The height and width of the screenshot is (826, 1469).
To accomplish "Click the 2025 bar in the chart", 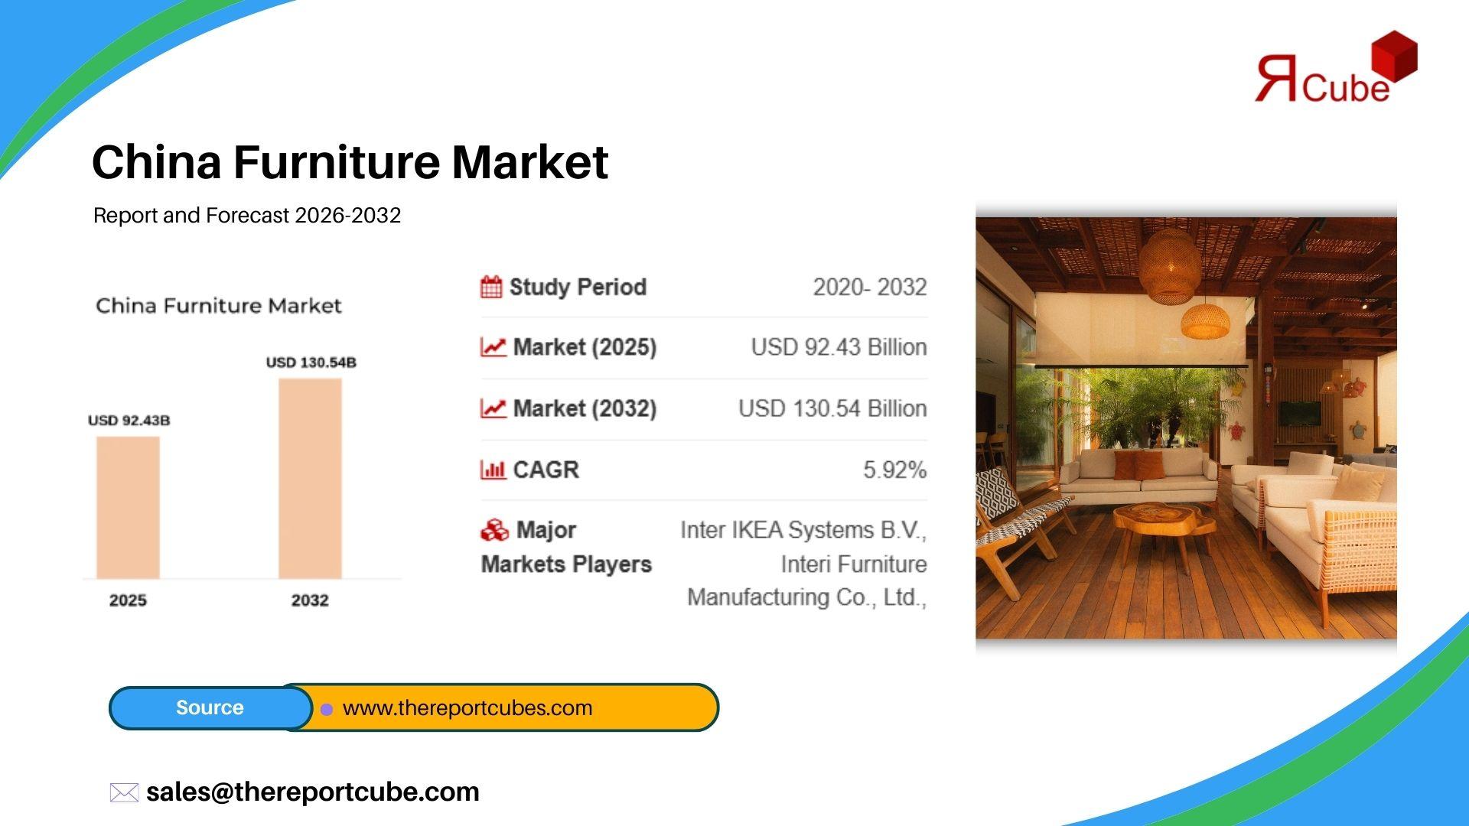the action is (x=128, y=507).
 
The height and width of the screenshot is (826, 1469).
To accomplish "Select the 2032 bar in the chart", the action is (x=310, y=478).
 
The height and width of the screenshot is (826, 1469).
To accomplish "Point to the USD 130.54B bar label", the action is (x=311, y=363).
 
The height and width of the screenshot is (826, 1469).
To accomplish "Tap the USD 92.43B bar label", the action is (x=129, y=421).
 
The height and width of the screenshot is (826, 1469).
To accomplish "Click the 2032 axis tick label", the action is (x=310, y=600).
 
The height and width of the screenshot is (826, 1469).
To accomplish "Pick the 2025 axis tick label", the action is (x=128, y=600).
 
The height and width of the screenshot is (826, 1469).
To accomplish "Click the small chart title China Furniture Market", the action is (x=219, y=306).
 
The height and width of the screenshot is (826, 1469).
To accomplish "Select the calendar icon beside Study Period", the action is (x=491, y=287).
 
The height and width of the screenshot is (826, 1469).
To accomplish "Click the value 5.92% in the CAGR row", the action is (x=895, y=470).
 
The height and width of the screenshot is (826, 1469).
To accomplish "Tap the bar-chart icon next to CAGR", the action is (x=493, y=470).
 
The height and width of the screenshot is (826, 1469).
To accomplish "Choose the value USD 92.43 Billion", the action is (x=839, y=347).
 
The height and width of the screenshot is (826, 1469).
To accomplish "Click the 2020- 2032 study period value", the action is (x=870, y=287).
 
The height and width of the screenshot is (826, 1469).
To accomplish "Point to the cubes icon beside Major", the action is (x=494, y=530).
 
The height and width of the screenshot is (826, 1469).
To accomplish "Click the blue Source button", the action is (x=210, y=707).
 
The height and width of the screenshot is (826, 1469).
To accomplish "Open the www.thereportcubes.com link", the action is (x=467, y=708).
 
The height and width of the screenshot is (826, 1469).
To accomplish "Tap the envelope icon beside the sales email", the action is (x=124, y=792).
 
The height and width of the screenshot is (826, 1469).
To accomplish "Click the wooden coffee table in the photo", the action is (x=1164, y=528).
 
